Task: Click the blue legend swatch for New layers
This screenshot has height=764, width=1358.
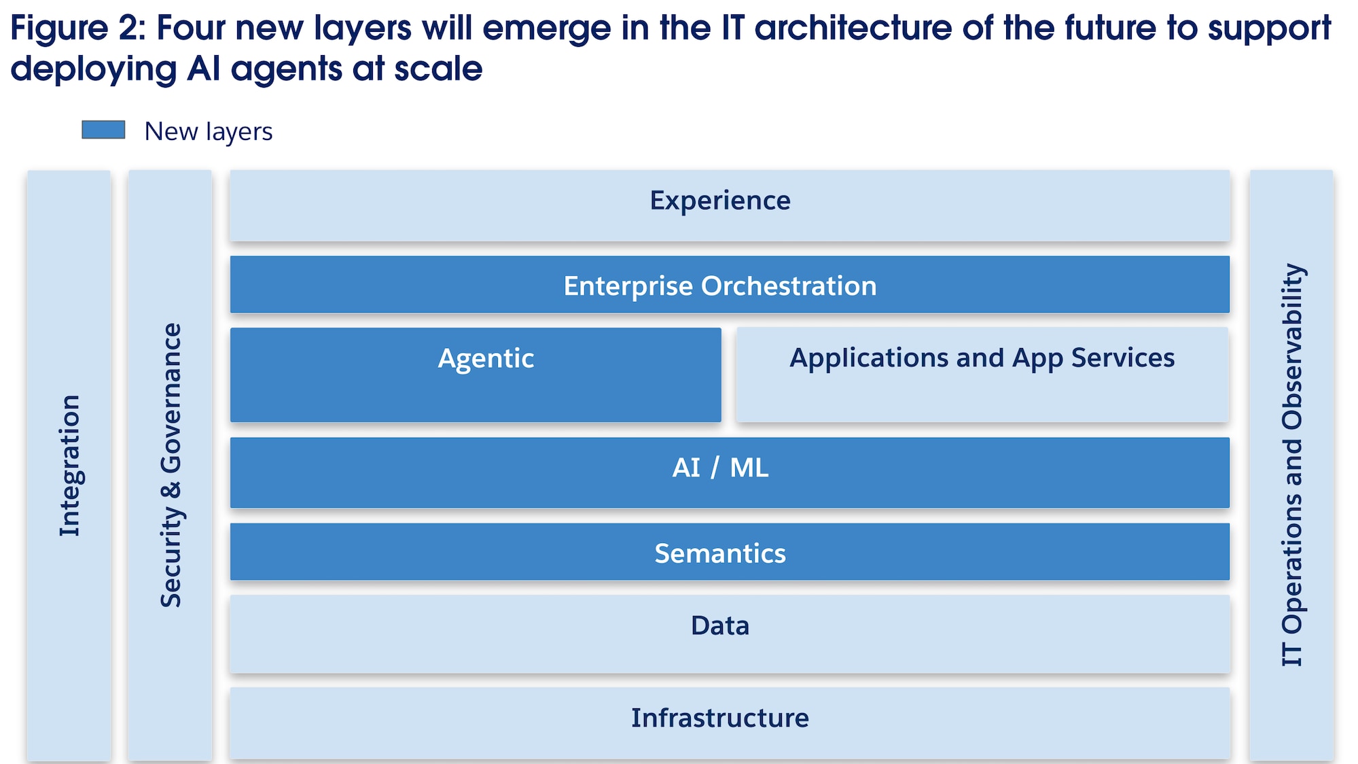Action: pyautogui.click(x=103, y=130)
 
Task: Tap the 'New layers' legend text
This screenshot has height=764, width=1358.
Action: pyautogui.click(x=208, y=131)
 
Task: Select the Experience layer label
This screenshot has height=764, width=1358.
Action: pyautogui.click(x=720, y=201)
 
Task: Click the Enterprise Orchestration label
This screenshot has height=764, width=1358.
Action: pyautogui.click(x=720, y=285)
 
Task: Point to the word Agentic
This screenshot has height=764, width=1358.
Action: pyautogui.click(x=486, y=358)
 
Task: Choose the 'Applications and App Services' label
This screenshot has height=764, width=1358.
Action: pyautogui.click(x=982, y=358)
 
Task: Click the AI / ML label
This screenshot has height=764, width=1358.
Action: pyautogui.click(x=720, y=468)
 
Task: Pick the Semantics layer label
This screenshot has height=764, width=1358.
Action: pyautogui.click(x=720, y=553)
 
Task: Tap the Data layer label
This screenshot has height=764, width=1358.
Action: pyautogui.click(x=720, y=625)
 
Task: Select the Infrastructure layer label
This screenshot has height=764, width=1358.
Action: pyautogui.click(x=720, y=718)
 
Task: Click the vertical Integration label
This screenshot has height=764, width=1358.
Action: pyautogui.click(x=69, y=466)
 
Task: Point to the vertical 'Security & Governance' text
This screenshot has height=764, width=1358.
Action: pyautogui.click(x=171, y=466)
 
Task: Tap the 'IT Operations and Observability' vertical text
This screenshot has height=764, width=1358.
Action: pyautogui.click(x=1292, y=466)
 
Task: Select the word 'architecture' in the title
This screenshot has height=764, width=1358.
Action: pyautogui.click(x=852, y=29)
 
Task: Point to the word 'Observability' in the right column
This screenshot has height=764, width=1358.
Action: pyautogui.click(x=1292, y=347)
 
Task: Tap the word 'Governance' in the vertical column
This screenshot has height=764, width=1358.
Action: pyautogui.click(x=171, y=398)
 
